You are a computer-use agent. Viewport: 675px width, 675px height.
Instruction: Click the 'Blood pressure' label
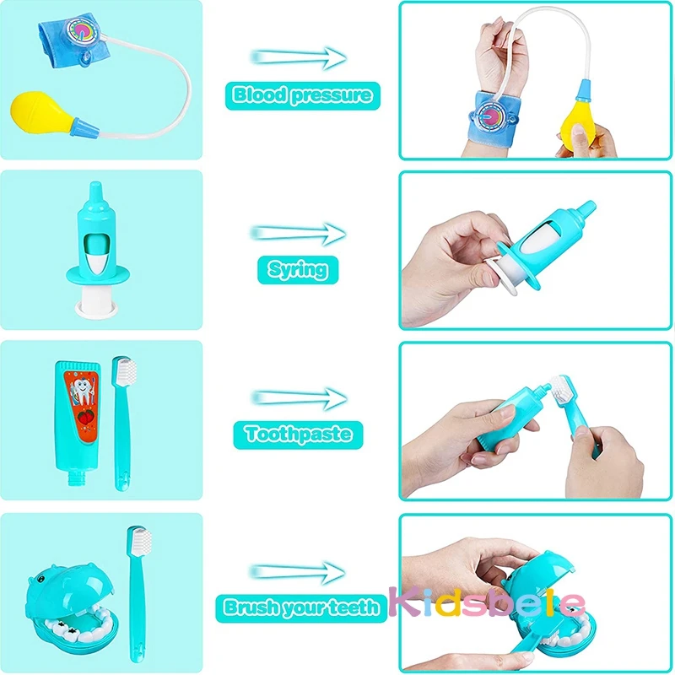coord(302,94)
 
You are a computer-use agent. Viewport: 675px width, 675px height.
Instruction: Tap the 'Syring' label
coord(298,269)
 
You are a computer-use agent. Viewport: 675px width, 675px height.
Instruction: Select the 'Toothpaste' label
coord(298,435)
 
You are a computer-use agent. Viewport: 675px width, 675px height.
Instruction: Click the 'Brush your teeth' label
coord(301,607)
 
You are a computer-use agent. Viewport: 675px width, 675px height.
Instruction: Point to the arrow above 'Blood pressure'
coord(299,57)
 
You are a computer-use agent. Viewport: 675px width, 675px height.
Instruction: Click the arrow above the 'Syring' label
coord(299,232)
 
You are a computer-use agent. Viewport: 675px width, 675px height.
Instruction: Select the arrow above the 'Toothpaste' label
coord(299,396)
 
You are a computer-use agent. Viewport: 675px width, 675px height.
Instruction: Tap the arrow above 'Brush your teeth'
coord(299,571)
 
